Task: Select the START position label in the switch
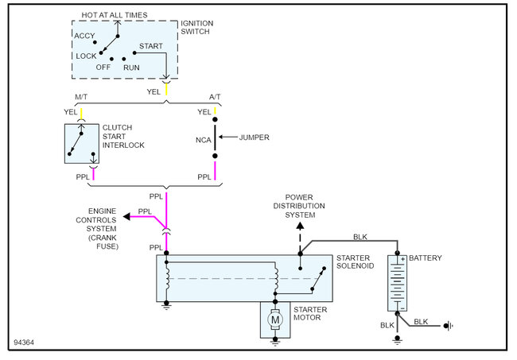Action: click(151, 46)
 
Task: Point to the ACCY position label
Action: click(84, 37)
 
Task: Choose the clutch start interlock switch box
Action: click(81, 143)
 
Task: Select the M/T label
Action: click(81, 99)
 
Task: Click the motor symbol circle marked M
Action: click(275, 319)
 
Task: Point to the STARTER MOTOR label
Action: click(312, 315)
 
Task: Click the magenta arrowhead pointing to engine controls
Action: click(126, 216)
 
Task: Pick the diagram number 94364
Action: click(25, 343)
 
